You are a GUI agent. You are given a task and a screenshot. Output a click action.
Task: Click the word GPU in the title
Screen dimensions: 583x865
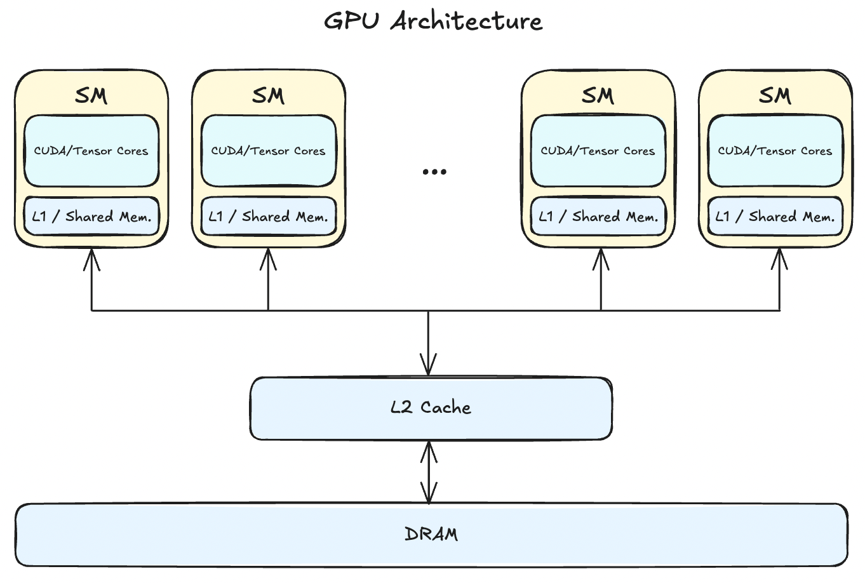(351, 21)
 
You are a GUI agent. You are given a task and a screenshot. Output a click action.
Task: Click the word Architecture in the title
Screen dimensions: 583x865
(467, 21)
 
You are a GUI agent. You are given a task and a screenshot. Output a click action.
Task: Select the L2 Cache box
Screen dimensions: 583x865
(431, 408)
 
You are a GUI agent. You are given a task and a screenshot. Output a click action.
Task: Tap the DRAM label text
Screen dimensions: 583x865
(431, 534)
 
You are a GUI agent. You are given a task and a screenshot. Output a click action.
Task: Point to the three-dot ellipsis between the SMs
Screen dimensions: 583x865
(434, 171)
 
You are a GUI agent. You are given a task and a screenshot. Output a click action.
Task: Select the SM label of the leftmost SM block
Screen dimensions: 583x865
(91, 95)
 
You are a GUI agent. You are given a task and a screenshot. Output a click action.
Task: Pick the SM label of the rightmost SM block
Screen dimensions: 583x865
(775, 95)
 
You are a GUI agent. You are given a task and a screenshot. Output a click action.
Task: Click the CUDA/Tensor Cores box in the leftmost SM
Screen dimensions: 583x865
(91, 151)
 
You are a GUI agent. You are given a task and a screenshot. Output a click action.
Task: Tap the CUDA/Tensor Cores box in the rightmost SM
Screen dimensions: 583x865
(775, 151)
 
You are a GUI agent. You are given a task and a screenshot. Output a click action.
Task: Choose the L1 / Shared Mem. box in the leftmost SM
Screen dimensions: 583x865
(91, 217)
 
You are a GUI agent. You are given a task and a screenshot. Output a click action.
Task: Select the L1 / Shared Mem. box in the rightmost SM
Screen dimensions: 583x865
(775, 217)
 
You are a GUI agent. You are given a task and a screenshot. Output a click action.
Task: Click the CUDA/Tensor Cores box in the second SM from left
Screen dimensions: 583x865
(269, 151)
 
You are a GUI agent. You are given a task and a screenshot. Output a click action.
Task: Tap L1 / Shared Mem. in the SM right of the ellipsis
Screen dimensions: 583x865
(598, 217)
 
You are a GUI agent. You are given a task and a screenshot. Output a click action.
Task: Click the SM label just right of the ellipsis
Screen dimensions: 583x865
(598, 95)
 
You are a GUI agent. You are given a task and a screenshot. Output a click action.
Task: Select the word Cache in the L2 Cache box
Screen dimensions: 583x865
(446, 408)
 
